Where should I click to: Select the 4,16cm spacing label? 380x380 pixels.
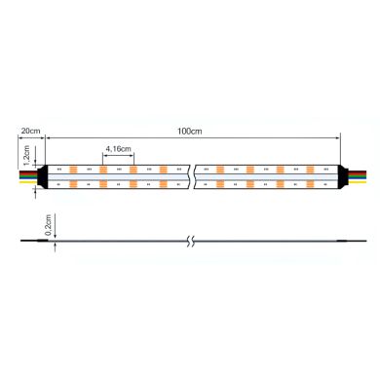tap(117, 148)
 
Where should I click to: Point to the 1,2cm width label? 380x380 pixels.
tap(28, 156)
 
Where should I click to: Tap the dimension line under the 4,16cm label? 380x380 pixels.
tap(117, 155)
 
